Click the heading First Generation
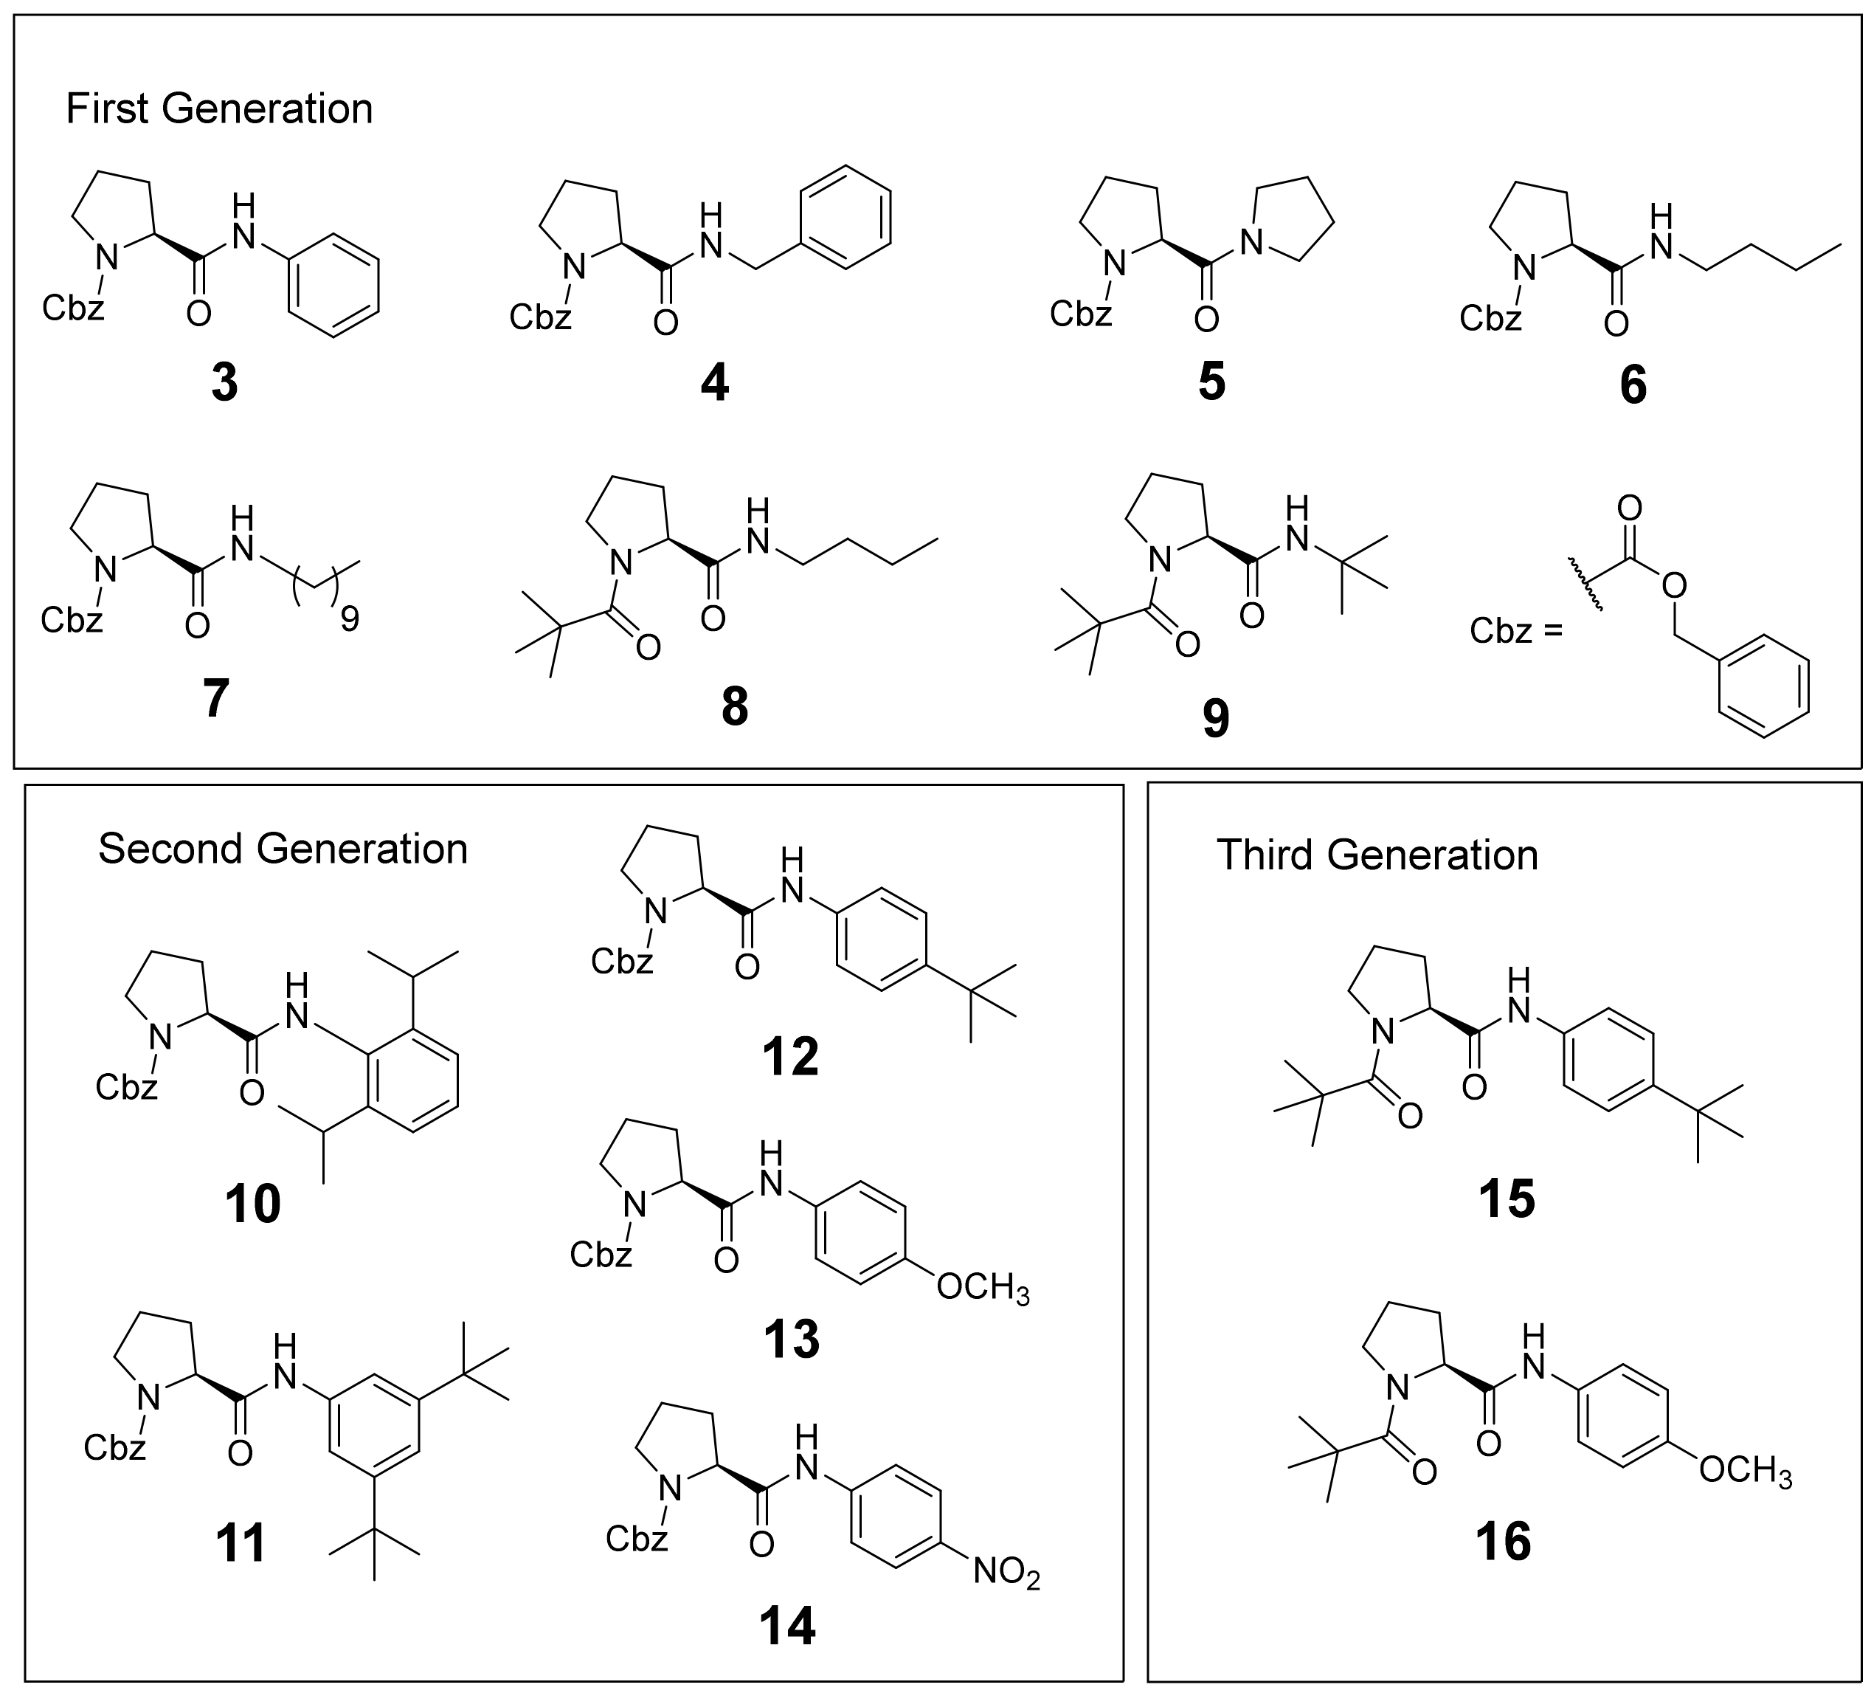pos(219,109)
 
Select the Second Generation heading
pos(283,849)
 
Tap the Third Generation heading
pos(1377,855)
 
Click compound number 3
pos(224,382)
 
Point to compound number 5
pos(1211,381)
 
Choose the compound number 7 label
pos(215,698)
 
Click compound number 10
pos(252,1204)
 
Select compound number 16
pos(1503,1542)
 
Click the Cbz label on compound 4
pos(540,317)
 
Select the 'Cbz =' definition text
pos(1515,631)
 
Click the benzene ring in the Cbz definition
pos(1763,687)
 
